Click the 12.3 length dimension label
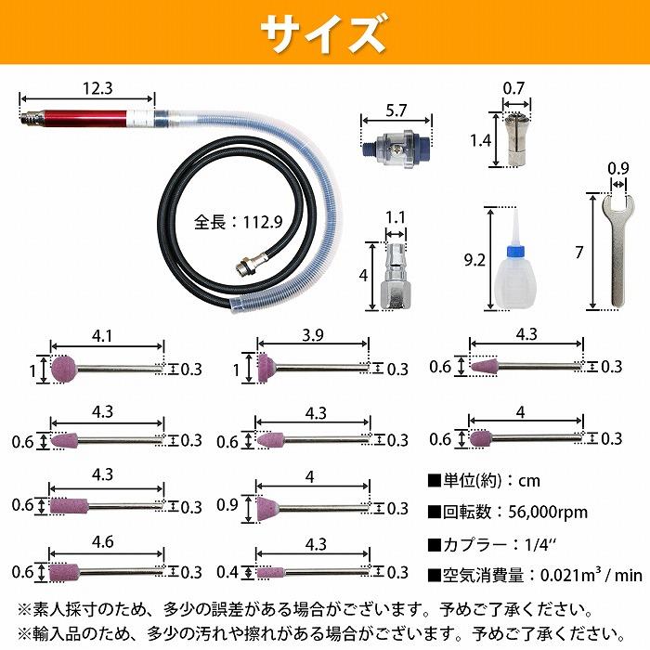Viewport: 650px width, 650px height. click(x=97, y=89)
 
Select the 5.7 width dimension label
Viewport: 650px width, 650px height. click(x=396, y=109)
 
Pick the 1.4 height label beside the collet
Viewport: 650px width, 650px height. click(x=480, y=141)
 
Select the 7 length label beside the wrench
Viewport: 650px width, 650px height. click(x=578, y=253)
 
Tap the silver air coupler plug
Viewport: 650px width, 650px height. click(x=395, y=275)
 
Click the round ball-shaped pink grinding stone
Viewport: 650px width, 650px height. click(x=64, y=368)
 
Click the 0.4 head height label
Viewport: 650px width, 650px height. click(x=228, y=573)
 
